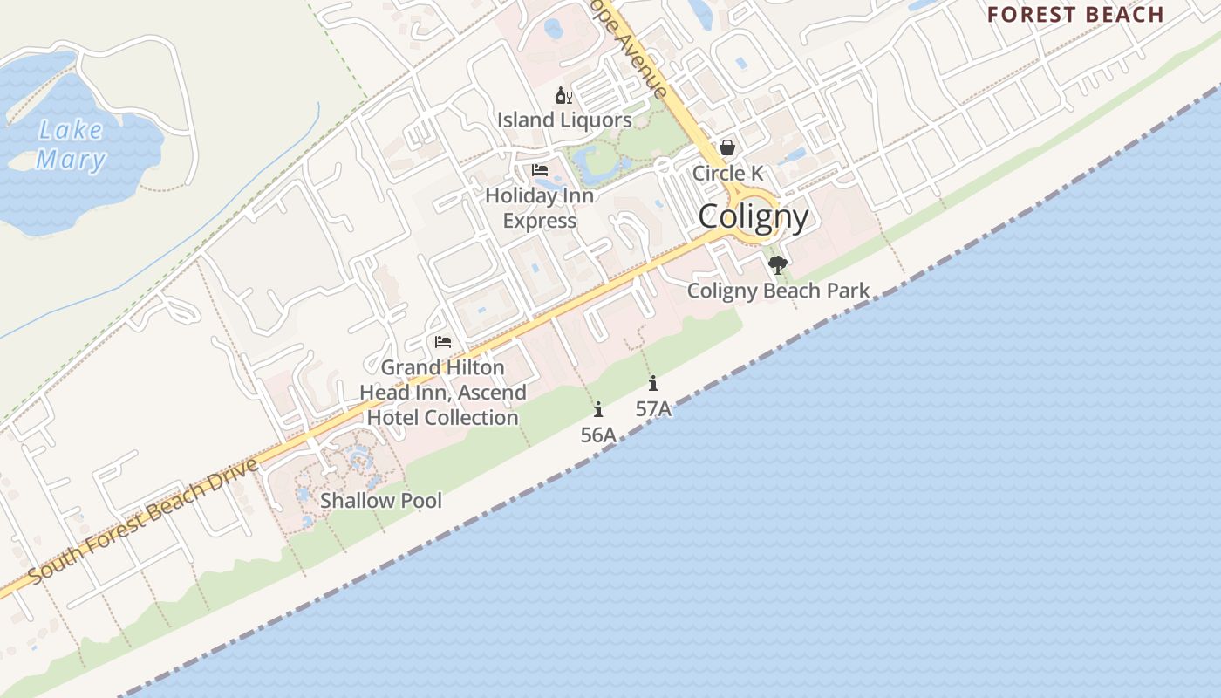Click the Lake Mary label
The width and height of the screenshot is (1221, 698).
(x=72, y=145)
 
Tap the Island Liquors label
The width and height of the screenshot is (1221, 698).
(x=564, y=120)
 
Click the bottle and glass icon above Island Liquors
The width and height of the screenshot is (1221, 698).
(x=563, y=95)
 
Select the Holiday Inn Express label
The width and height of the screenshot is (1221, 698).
(x=539, y=208)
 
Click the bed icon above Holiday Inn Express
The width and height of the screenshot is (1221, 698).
(x=540, y=169)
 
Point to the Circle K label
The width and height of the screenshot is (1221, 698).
(x=727, y=173)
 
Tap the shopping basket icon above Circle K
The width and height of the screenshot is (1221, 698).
(x=727, y=147)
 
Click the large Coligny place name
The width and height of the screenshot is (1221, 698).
(x=753, y=216)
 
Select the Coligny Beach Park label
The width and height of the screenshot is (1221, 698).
(x=778, y=291)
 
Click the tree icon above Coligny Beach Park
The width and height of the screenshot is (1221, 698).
(x=778, y=264)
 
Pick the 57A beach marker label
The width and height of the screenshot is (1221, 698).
(x=653, y=408)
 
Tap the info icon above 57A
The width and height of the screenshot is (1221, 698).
(x=653, y=383)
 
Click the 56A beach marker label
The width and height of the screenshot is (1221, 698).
(x=598, y=435)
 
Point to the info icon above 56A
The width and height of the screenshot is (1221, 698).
(x=598, y=409)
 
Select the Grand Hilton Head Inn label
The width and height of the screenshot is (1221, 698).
(x=443, y=393)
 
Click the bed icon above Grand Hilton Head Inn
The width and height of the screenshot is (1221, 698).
(x=443, y=341)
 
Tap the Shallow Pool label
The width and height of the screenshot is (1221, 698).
(x=381, y=501)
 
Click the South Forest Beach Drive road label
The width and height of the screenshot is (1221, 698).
(x=144, y=521)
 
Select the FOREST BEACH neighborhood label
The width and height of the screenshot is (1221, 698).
(x=1075, y=14)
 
